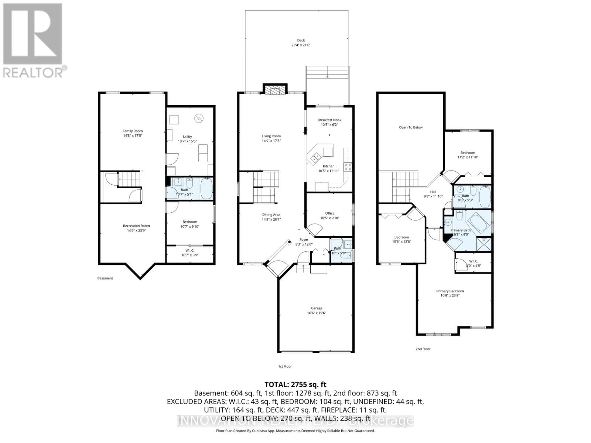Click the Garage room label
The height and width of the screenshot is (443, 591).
click(317, 308)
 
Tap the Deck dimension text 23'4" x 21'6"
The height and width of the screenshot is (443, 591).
click(301, 45)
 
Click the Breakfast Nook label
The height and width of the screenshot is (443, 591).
click(329, 120)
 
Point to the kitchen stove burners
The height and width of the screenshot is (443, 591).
click(348, 166)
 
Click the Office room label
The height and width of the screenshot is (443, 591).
click(330, 213)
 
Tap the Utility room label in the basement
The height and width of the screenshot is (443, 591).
click(187, 137)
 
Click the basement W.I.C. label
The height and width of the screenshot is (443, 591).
click(190, 251)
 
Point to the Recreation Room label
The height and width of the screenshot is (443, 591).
click(136, 226)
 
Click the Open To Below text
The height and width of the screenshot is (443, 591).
click(411, 127)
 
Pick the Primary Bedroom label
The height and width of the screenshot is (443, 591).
click(450, 291)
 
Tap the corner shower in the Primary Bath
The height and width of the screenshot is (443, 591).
click(484, 244)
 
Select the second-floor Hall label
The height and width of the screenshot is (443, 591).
click(433, 192)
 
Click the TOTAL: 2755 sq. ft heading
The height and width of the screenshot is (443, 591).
click(295, 385)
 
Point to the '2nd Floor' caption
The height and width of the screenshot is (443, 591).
click(423, 349)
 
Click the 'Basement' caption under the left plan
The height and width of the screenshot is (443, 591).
click(105, 278)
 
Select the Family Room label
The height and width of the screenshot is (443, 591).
click(133, 131)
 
